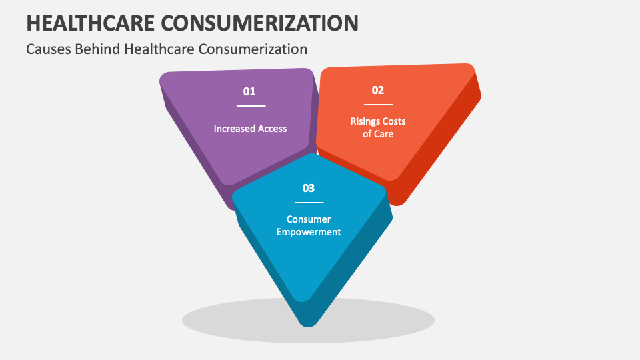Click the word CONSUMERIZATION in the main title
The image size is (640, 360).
[270, 23]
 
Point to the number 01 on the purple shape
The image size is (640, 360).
[249, 92]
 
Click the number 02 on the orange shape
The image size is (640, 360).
[378, 91]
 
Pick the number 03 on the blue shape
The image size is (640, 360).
[309, 189]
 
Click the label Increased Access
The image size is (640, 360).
[250, 128]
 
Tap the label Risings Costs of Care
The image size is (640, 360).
[378, 127]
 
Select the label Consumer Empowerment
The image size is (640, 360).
[309, 225]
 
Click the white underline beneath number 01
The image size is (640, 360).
[251, 106]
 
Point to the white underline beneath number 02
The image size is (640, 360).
[378, 105]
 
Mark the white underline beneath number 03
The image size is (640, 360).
[309, 203]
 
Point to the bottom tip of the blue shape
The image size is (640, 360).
[307, 324]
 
